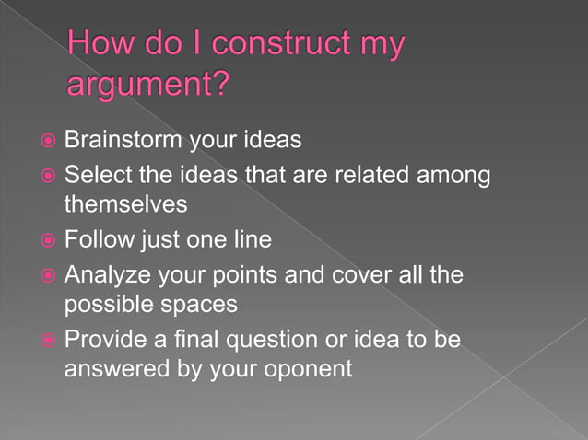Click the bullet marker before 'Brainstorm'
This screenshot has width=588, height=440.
[46, 142]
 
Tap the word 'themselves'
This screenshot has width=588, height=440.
[125, 203]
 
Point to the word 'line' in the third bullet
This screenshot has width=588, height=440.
[253, 240]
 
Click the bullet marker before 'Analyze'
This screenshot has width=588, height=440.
[46, 275]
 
